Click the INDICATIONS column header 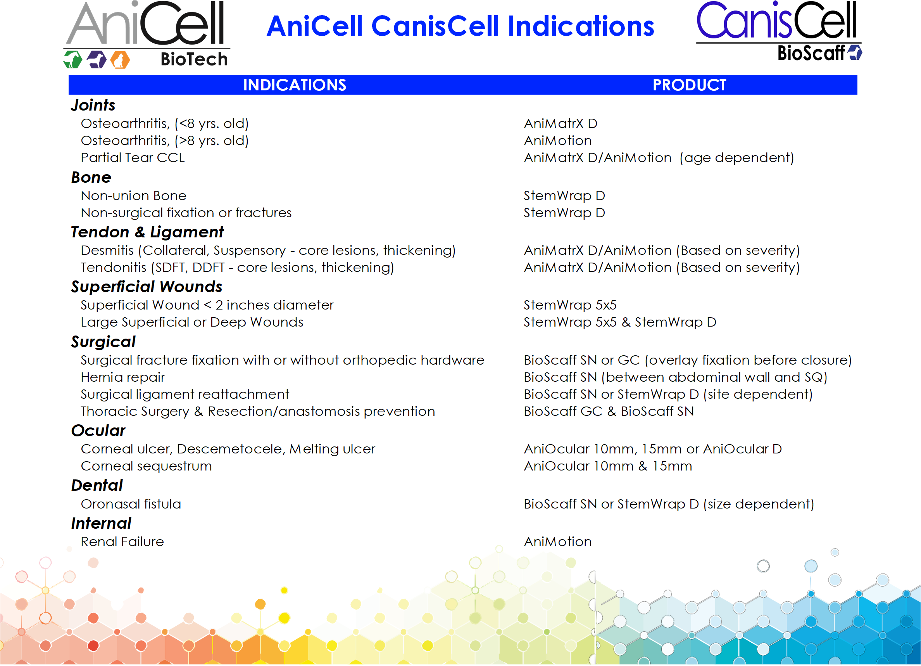[295, 85]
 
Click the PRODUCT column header [689, 85]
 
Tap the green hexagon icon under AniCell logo [73, 59]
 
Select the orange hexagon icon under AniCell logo [120, 59]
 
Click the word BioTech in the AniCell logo [194, 59]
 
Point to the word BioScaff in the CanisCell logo [811, 53]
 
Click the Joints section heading [93, 105]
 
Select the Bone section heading [91, 178]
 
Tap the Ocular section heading [98, 431]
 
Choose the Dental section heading [97, 486]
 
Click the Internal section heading [101, 523]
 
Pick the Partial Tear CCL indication [133, 157]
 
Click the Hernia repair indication [123, 377]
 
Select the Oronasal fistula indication [131, 504]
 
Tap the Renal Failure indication [122, 542]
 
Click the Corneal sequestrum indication [146, 466]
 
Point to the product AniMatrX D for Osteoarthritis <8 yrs [561, 123]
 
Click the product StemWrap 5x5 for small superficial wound [570, 305]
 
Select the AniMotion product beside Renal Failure [557, 542]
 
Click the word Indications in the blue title [581, 26]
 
